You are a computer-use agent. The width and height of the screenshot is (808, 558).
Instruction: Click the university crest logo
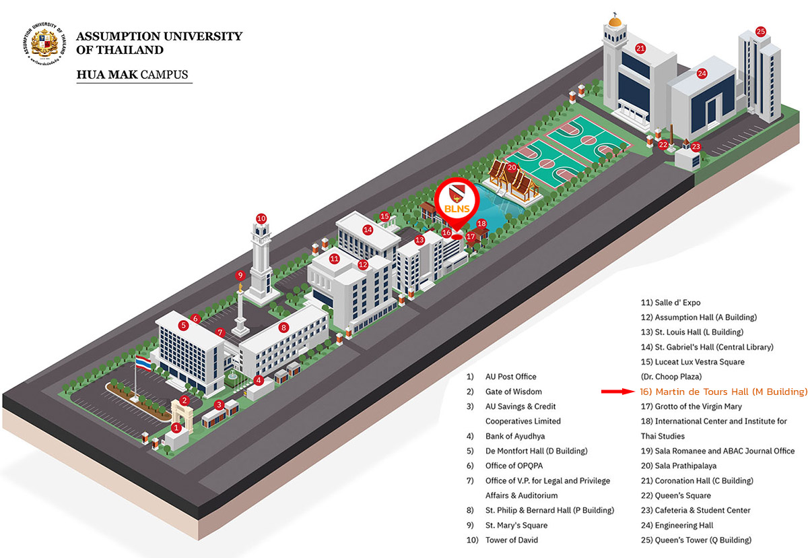click(x=44, y=44)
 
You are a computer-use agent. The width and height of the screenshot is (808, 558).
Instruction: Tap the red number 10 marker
click(x=261, y=218)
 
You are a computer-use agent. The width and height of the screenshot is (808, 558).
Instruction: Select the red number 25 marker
click(x=760, y=32)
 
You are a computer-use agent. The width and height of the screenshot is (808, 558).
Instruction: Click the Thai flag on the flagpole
click(x=143, y=363)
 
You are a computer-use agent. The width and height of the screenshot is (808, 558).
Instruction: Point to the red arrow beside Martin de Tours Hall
click(x=617, y=392)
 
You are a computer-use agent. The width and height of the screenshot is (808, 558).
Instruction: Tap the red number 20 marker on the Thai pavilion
click(x=512, y=168)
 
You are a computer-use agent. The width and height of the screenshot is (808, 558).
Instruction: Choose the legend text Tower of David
click(x=512, y=540)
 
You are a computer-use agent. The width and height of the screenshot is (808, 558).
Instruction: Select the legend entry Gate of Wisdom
click(x=513, y=392)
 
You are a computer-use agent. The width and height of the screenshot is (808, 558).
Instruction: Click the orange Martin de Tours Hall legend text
click(x=723, y=392)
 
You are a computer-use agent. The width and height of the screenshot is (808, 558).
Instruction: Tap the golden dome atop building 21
click(x=615, y=22)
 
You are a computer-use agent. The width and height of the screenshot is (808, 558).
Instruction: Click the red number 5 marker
click(x=184, y=325)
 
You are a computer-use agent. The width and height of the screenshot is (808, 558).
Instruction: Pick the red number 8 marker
click(x=283, y=328)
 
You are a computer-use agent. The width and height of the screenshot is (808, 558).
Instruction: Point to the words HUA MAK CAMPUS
click(x=133, y=75)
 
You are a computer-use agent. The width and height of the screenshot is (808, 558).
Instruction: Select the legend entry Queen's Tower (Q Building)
click(x=696, y=540)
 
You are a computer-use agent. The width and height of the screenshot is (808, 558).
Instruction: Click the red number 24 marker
click(x=702, y=73)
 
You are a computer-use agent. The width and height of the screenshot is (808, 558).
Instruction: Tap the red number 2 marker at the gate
click(x=184, y=400)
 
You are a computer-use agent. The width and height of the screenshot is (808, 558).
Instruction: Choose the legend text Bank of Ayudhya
click(x=515, y=437)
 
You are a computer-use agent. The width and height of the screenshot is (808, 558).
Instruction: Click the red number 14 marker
click(x=368, y=230)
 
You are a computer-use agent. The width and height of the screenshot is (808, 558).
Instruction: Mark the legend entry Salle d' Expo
click(x=671, y=303)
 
